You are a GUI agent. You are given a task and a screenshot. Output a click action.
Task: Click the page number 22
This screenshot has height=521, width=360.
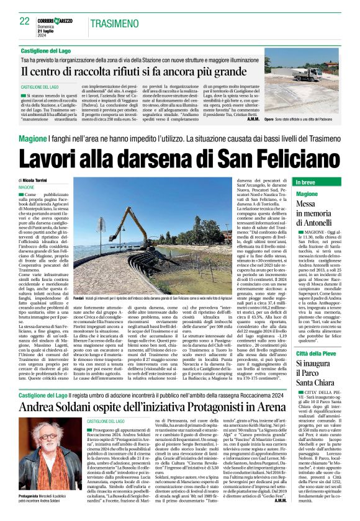pyautogui.click(x=25, y=21)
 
